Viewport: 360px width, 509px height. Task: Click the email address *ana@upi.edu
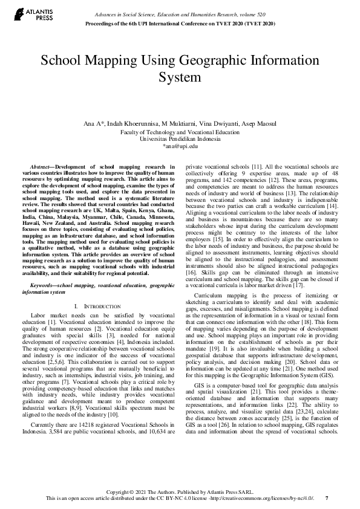pos(180,146)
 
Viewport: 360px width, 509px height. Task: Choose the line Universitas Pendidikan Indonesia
pos(180,138)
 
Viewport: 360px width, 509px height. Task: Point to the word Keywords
pos(44,284)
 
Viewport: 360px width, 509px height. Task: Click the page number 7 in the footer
pos(327,498)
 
